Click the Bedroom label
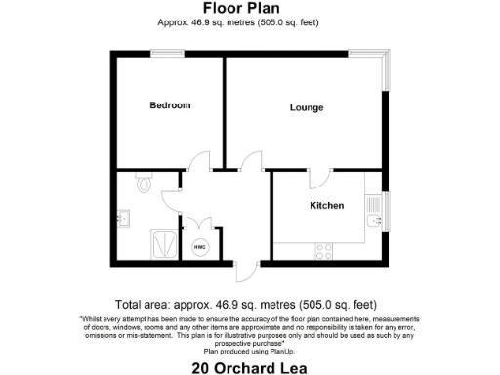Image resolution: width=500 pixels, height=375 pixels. point(169,105)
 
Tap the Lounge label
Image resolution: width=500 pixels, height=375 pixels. point(306,107)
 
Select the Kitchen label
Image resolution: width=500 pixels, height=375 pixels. point(326,206)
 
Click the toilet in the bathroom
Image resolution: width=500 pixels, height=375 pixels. point(145,182)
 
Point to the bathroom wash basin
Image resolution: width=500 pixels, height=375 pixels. point(122,218)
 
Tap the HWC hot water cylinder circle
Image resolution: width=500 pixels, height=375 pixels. point(200,247)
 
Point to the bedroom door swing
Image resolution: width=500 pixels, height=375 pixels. point(198,161)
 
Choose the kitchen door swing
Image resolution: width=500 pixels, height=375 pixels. point(319,179)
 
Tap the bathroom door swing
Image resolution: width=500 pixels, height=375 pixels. point(169,198)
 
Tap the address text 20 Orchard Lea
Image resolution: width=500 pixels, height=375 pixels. point(249,368)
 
